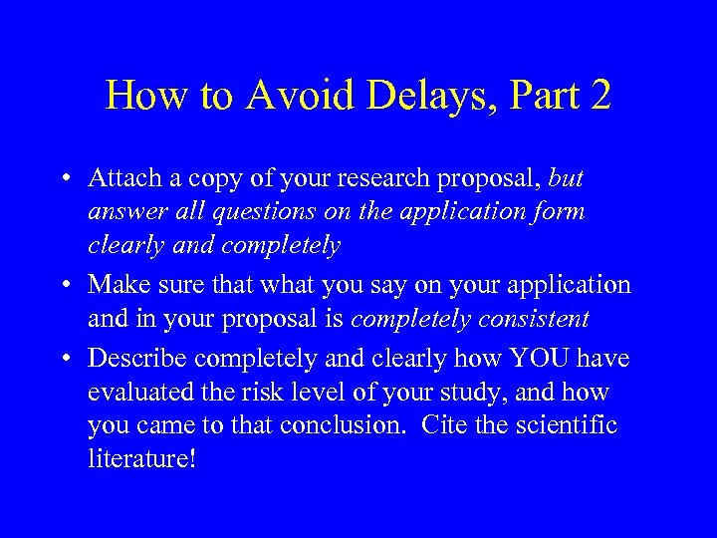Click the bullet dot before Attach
[65, 179]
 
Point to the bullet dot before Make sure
[65, 286]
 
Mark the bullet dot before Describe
[65, 359]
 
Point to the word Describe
[132, 358]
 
